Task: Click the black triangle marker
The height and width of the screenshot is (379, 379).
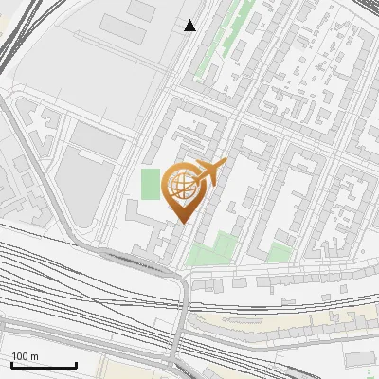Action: click(190, 26)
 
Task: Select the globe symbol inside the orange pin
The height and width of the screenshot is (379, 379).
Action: click(183, 188)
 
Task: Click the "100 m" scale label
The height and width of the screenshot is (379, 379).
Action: click(26, 355)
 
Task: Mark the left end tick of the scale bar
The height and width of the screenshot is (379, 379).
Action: click(11, 364)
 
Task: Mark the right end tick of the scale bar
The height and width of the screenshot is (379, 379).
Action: click(76, 364)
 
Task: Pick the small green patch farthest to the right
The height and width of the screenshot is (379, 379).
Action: click(279, 251)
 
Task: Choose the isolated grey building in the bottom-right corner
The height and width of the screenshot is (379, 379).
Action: click(361, 357)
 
